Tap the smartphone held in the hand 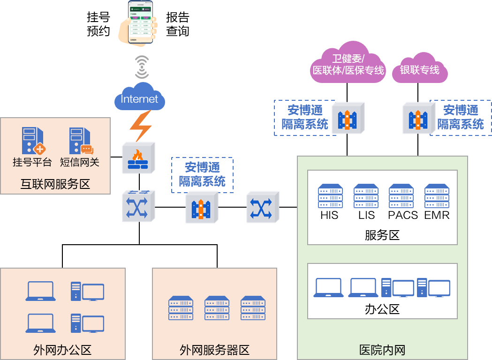tap(141, 22)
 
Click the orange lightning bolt tap(140, 126)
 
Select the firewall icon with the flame tap(138, 158)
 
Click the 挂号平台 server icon tap(33, 141)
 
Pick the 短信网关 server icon tap(80, 141)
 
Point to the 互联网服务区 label tap(55, 184)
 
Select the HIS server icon tap(330, 195)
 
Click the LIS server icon tap(366, 195)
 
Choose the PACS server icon tap(401, 195)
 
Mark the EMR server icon tap(437, 195)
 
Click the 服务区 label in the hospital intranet tap(382, 235)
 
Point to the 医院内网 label tap(382, 350)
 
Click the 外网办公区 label tap(62, 350)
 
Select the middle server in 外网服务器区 tap(217, 308)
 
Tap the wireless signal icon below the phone tap(142, 67)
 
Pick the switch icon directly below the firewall tap(138, 206)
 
